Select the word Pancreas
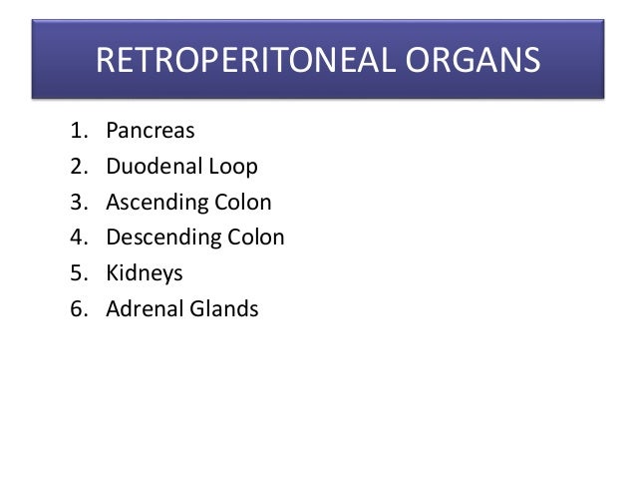coord(151,131)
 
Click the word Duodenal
coord(154,166)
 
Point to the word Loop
coord(232,166)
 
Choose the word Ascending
coord(158,203)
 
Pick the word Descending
coord(163,238)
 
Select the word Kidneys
coord(145,273)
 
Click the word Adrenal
coord(146,308)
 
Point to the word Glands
coord(225,308)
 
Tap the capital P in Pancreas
coord(112,131)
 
